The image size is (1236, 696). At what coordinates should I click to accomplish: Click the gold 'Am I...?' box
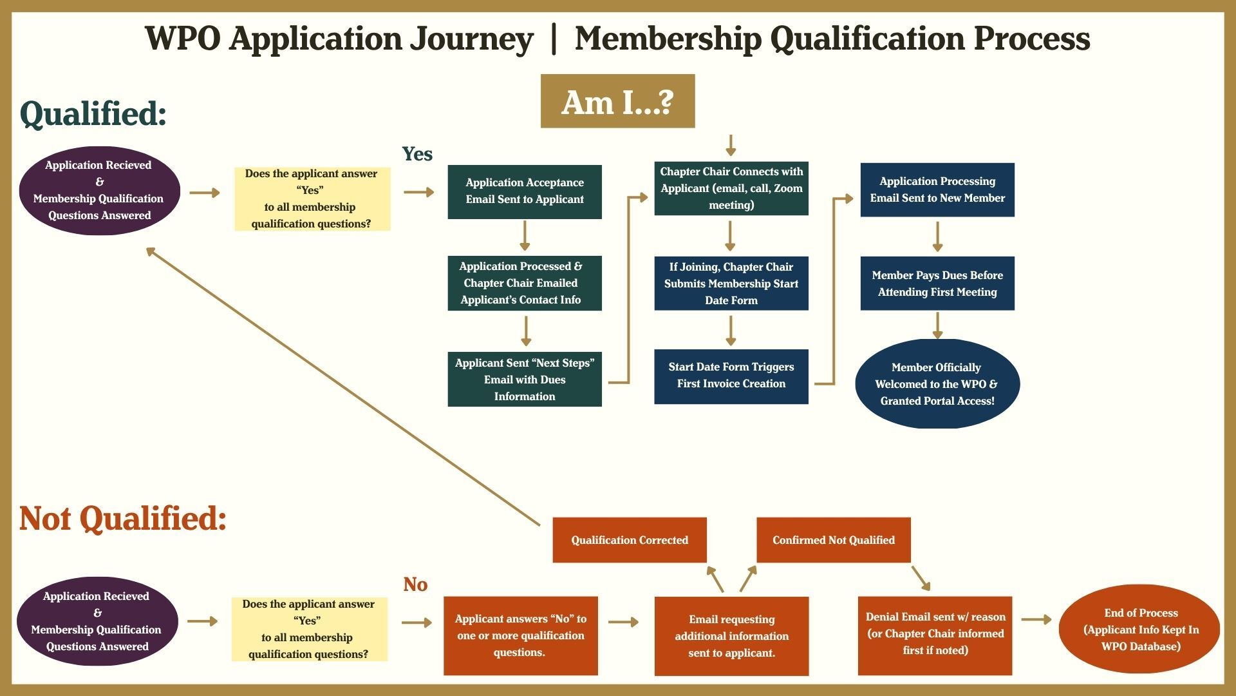[617, 101]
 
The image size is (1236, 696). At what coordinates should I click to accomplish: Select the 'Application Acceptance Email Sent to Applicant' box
[525, 191]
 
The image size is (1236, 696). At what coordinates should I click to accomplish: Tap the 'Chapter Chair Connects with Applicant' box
[731, 188]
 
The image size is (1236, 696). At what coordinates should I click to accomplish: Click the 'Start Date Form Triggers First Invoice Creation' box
[731, 376]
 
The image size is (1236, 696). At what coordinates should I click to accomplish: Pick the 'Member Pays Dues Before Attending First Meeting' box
[937, 284]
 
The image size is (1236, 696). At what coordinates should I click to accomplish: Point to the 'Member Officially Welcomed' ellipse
[937, 384]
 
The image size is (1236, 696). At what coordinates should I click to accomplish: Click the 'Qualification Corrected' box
[630, 540]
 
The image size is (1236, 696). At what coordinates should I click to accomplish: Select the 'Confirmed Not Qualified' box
[834, 540]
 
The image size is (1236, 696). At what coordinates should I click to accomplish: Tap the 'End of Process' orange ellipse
[1140, 629]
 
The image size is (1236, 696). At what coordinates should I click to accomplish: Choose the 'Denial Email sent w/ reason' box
[935, 635]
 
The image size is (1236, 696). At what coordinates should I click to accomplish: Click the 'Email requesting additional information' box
[731, 636]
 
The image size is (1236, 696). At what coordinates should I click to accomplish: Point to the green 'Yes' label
[417, 154]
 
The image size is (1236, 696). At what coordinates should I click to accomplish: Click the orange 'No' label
[415, 585]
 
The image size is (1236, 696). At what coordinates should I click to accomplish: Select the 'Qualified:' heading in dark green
[94, 113]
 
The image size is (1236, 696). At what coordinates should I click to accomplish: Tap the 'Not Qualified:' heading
[123, 518]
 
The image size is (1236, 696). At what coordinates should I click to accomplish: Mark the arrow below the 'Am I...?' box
[731, 146]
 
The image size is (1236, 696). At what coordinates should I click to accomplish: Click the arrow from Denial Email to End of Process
[1036, 619]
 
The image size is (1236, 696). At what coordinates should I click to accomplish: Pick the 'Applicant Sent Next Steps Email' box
[525, 380]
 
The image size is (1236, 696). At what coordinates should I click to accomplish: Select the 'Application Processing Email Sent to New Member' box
[937, 189]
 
